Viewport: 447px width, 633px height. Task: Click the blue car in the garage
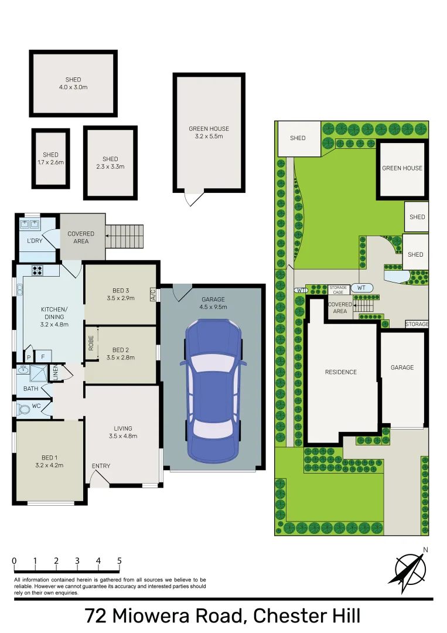click(213, 390)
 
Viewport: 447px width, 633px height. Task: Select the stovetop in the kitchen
click(37, 271)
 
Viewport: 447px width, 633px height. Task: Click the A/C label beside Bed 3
click(153, 294)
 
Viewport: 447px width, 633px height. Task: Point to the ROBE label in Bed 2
click(91, 343)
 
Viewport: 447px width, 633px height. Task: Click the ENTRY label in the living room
click(101, 466)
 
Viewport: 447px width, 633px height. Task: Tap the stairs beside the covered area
click(125, 236)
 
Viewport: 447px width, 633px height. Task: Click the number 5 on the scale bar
click(120, 561)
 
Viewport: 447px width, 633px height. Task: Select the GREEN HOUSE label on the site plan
click(402, 168)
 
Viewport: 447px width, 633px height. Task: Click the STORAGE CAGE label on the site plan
click(338, 289)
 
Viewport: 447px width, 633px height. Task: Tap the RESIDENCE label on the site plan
click(341, 372)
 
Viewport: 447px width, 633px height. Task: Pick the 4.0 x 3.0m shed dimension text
click(73, 87)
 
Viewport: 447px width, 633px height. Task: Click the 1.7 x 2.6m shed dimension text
click(50, 162)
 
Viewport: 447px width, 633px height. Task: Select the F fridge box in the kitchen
click(43, 356)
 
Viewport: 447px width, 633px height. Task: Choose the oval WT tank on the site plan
click(361, 288)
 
